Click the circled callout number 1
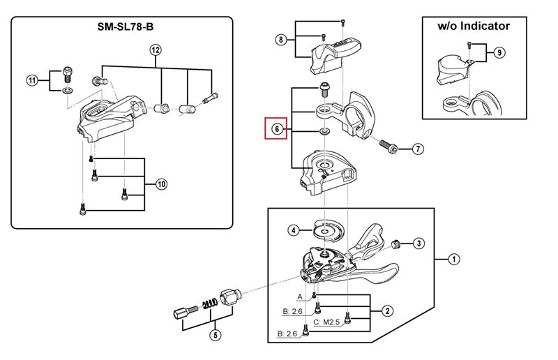coord(454,260)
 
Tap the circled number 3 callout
coord(418,243)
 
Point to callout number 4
coord(294,230)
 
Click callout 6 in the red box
coord(276,129)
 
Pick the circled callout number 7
coord(418,149)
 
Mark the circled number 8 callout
coord(280,40)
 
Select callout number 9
coord(499,52)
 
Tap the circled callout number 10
coord(161,184)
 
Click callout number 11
coord(32,80)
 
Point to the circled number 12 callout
coord(155,50)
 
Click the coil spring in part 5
coord(208,305)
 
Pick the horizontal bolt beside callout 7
coord(390,147)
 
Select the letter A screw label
coord(300,296)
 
